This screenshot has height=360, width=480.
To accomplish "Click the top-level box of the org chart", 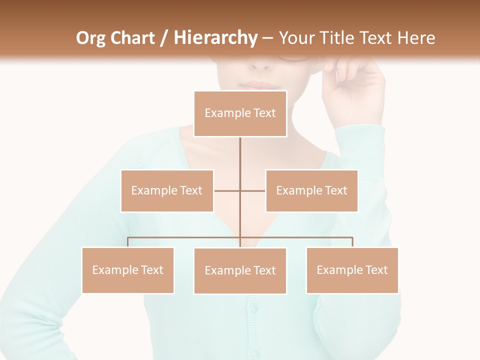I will coord(240,113).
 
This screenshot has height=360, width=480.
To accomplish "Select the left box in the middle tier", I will coord(167,190).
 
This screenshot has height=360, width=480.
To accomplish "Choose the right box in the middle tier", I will coord(311,190).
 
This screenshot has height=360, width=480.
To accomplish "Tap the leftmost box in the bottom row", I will coord(128,270).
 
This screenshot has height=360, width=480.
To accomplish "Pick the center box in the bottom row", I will coord(240,270).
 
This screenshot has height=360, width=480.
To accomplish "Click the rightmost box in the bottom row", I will coord(352,270).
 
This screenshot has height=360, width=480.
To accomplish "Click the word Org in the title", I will coord(91,38).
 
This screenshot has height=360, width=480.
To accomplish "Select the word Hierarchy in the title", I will coord(215,38).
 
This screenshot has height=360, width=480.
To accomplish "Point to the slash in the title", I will coord(164,38).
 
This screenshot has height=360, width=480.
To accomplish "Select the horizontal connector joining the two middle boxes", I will coord(227,190).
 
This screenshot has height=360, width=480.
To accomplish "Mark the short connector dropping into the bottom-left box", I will coord(128,242).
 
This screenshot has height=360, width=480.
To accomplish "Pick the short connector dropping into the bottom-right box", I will coord(352,242).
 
